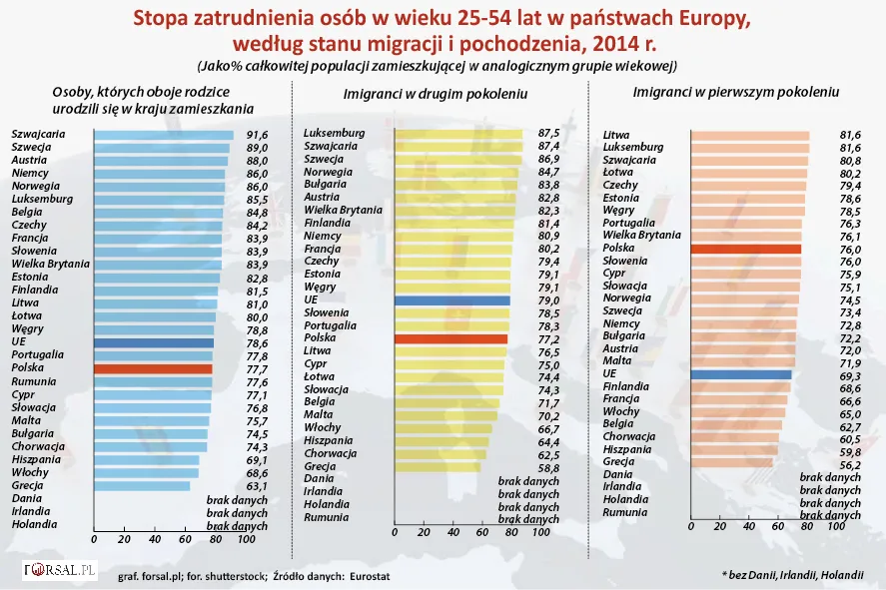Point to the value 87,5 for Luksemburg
[x=547, y=133]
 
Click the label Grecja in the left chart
[x=27, y=485]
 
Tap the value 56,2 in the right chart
[x=849, y=462]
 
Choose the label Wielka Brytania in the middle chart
[x=344, y=211]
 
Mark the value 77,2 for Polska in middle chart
[x=547, y=339]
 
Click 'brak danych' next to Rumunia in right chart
[x=830, y=516]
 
